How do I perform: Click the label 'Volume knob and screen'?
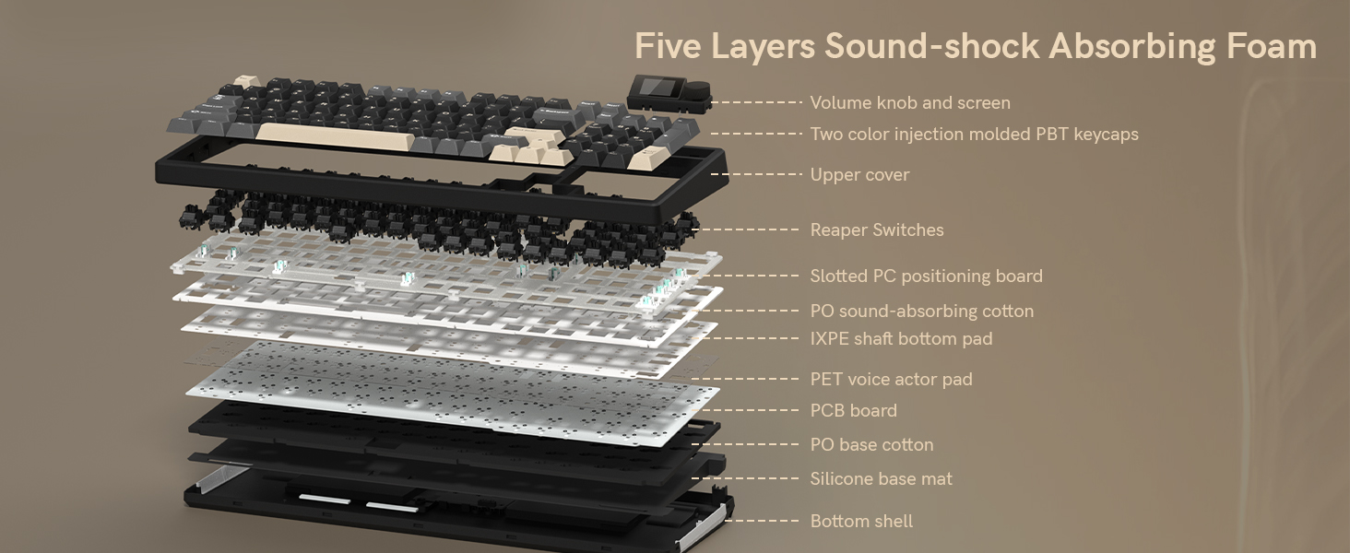[x=909, y=103]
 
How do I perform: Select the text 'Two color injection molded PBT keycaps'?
[x=974, y=135]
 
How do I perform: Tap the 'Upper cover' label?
[x=859, y=175]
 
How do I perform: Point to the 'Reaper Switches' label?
[x=876, y=230]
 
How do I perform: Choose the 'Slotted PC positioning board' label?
[x=926, y=276]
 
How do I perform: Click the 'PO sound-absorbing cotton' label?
[x=921, y=312]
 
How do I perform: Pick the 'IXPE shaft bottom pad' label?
[x=901, y=339]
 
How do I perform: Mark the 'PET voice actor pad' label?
[x=891, y=380]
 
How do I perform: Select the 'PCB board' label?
[x=853, y=411]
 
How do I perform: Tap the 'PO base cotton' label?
[x=871, y=445]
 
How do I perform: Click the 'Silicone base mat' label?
[x=881, y=479]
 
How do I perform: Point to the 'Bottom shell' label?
[x=861, y=522]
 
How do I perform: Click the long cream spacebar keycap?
[x=332, y=136]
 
